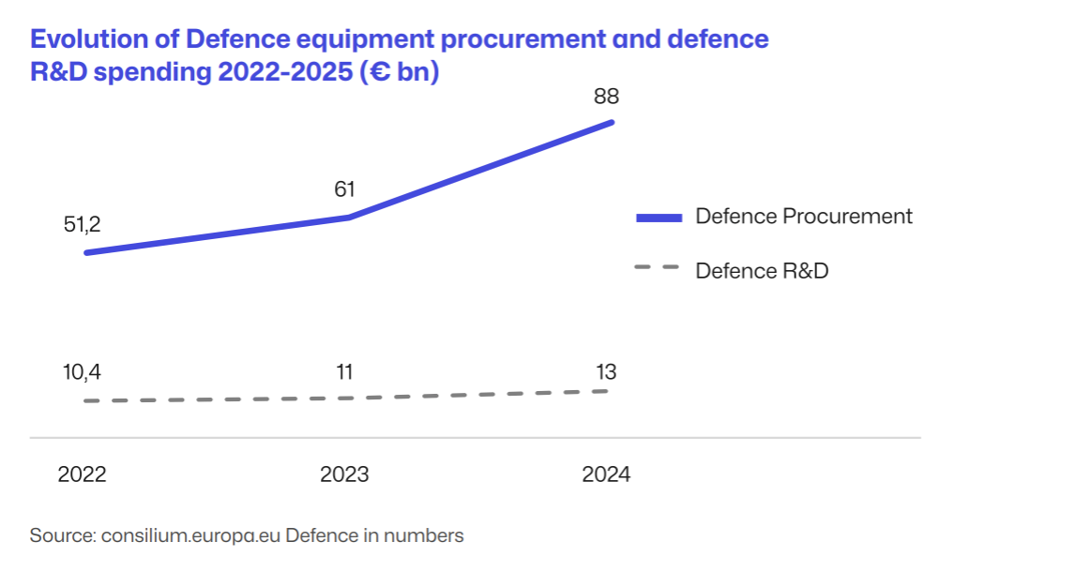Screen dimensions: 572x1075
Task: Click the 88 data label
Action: [x=606, y=97]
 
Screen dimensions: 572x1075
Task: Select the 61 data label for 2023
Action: [x=344, y=189]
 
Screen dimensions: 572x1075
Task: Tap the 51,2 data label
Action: [x=82, y=225]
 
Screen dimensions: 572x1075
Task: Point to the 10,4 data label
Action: [x=82, y=372]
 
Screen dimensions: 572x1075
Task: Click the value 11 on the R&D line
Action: [x=344, y=372]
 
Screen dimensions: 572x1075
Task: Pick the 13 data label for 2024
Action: [x=606, y=372]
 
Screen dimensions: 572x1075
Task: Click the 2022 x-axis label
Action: [x=82, y=474]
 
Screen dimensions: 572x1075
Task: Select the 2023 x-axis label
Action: [x=344, y=474]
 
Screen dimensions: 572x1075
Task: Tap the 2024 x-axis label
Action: [x=606, y=474]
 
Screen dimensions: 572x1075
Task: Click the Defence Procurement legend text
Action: [x=803, y=217]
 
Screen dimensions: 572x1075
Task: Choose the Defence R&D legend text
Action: [x=762, y=271]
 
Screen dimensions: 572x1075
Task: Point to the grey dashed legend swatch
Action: [x=657, y=268]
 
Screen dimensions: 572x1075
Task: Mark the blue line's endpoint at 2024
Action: [x=613, y=122]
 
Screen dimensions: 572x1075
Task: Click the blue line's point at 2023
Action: [x=349, y=218]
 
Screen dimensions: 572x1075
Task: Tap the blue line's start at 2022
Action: [x=86, y=252]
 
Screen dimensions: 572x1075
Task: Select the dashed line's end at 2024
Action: [x=607, y=391]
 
